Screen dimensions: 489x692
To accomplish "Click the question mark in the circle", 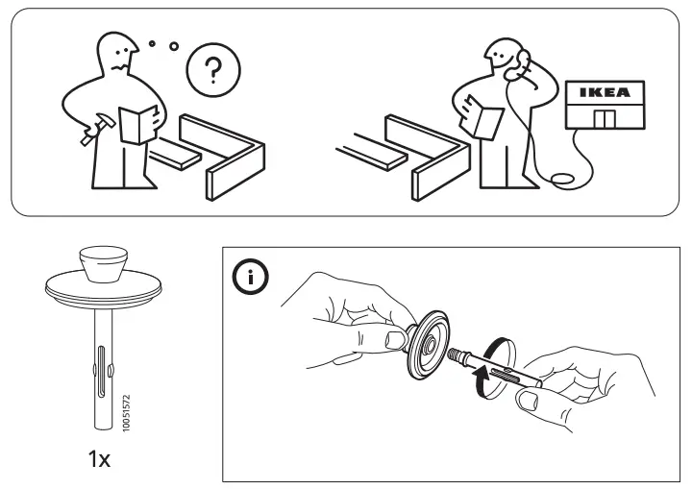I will coord(213,72).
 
